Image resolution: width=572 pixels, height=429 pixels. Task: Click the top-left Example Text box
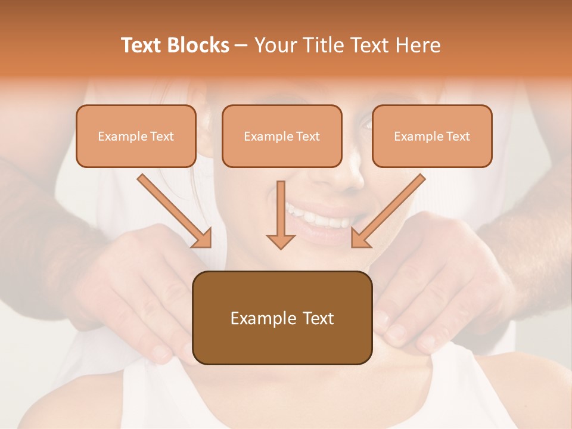coord(136,136)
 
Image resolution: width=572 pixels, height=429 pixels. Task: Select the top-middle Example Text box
coord(282,136)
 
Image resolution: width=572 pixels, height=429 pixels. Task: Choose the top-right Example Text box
coord(432,136)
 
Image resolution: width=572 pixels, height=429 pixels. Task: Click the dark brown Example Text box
coord(282,318)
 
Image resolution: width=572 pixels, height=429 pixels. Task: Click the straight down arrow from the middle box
coord(281,209)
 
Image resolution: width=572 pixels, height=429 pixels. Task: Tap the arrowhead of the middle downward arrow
coord(281,241)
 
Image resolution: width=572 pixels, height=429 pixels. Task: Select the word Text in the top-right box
coord(458,136)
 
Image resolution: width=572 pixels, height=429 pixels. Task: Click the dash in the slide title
coord(242,45)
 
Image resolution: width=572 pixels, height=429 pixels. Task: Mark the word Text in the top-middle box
coord(308,136)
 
